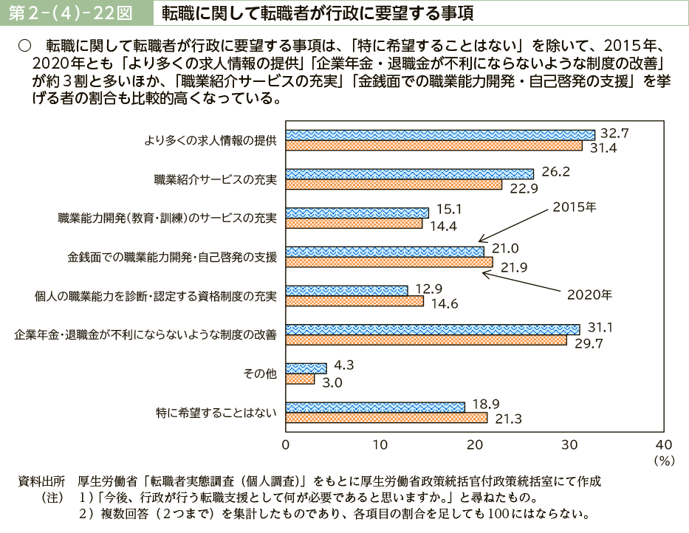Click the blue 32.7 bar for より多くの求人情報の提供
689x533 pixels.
click(440, 134)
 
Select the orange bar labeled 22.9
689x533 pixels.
click(394, 185)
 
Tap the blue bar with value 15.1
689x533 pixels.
click(357, 213)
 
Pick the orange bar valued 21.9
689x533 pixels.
click(389, 262)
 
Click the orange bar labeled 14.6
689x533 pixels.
click(354, 301)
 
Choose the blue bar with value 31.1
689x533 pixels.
click(432, 329)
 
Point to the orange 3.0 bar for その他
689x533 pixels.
click(300, 379)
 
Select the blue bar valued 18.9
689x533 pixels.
click(374, 407)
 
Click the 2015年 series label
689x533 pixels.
click(574, 208)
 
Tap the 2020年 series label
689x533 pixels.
click(589, 295)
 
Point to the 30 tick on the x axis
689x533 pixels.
click(569, 444)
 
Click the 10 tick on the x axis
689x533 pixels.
click(380, 444)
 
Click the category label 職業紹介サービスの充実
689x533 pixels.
click(215, 179)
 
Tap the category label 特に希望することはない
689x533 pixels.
click(216, 413)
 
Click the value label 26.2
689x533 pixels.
click(555, 171)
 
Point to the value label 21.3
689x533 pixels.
click(508, 419)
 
